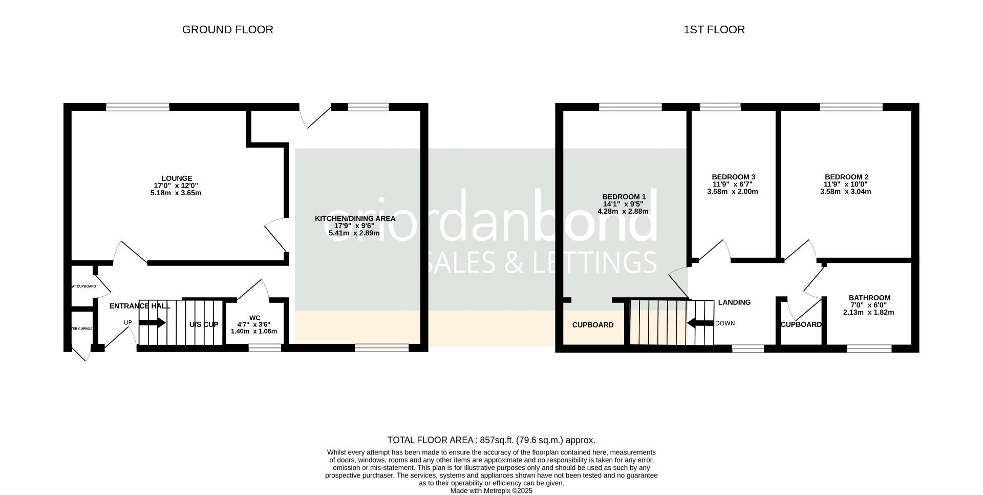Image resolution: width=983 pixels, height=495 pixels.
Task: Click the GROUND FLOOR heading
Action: tap(227, 30)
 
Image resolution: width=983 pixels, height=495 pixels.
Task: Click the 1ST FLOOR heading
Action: tap(714, 30)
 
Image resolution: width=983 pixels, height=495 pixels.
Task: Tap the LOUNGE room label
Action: tap(177, 178)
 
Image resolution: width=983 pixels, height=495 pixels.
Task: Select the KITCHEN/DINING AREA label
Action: tap(355, 218)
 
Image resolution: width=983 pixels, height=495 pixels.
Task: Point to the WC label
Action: tap(254, 317)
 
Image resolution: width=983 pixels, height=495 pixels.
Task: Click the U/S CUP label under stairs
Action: tap(204, 324)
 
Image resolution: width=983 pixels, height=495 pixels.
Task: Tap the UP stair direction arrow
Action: tap(152, 323)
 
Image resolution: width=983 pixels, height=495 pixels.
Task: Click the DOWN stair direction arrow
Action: tap(700, 323)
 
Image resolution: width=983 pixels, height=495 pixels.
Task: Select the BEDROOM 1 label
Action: tap(624, 197)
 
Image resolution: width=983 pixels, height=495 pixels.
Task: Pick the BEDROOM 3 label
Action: tap(733, 177)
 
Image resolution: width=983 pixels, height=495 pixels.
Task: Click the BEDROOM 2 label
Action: tap(846, 177)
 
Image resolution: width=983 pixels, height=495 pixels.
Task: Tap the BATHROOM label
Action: tap(869, 298)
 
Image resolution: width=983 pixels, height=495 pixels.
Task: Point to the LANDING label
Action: tap(734, 302)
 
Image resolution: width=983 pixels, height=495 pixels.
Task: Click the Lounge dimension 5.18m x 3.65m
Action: tap(177, 193)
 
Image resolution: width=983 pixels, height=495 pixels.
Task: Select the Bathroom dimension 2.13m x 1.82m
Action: tap(868, 312)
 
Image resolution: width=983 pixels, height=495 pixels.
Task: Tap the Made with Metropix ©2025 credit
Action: tap(491, 491)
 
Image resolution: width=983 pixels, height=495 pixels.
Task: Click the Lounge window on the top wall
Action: tap(138, 107)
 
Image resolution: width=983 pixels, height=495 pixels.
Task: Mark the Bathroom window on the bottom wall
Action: tap(869, 349)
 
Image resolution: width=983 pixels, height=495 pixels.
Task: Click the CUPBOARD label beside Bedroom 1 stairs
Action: tap(593, 325)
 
